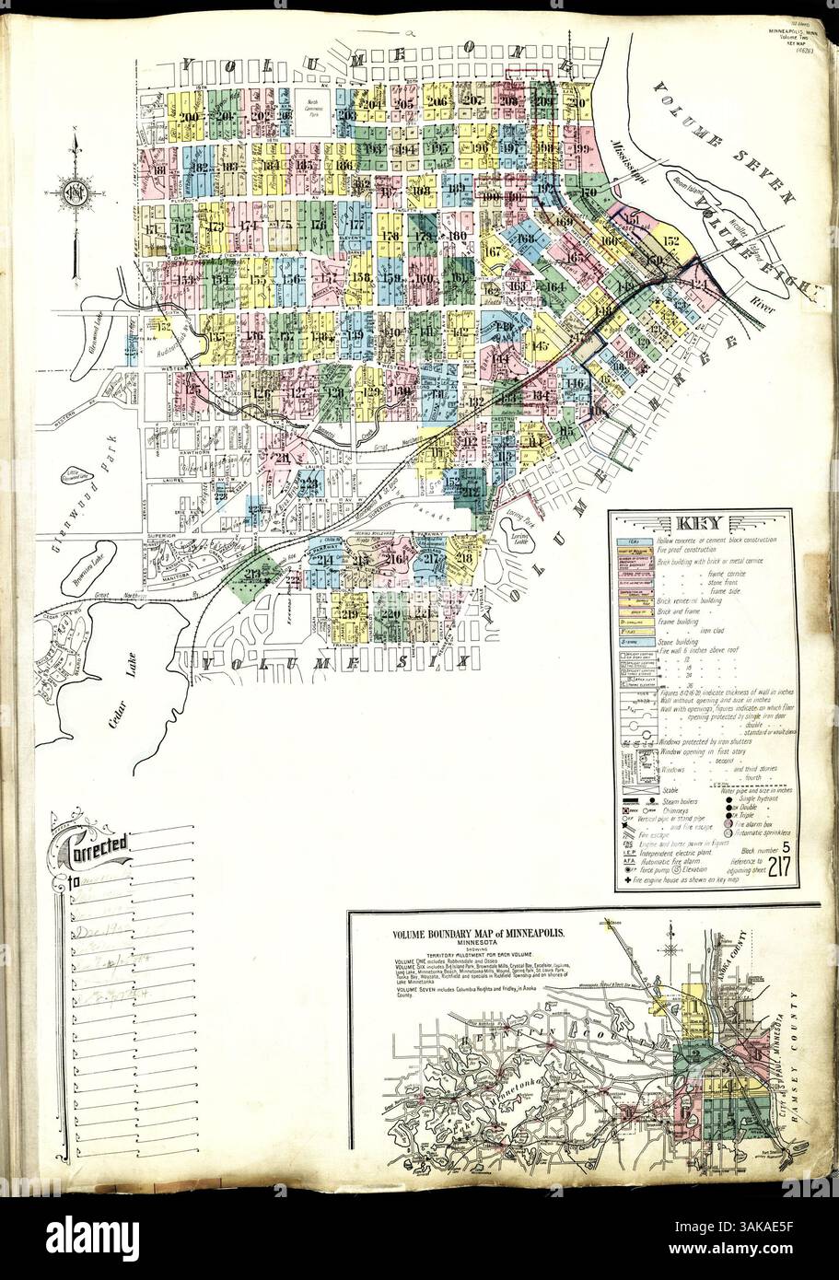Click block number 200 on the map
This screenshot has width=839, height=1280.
(x=191, y=117)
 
